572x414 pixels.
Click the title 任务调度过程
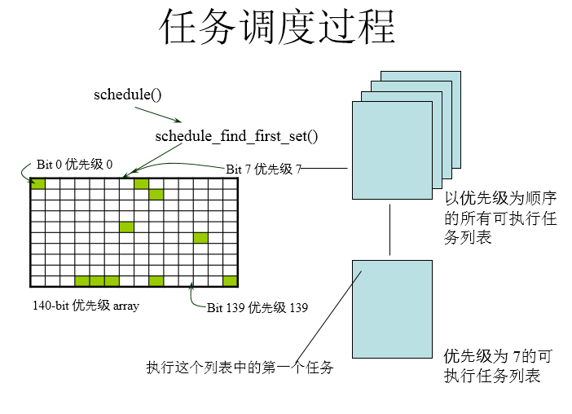[x=277, y=29]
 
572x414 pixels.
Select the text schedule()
[x=128, y=95]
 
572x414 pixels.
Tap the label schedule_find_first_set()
[x=235, y=136]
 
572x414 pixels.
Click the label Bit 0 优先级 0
[x=74, y=164]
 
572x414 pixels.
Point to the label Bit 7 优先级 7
[x=263, y=169]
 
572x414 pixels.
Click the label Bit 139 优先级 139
[x=257, y=308]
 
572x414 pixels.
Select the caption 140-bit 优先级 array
[x=86, y=306]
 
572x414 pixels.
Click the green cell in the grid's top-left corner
[x=37, y=183]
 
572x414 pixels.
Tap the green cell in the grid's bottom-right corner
[x=230, y=281]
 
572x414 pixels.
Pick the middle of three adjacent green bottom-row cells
[x=97, y=281]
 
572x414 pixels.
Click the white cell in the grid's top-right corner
[x=230, y=183]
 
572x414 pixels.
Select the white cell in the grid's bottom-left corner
[x=37, y=281]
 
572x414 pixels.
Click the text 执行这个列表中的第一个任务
[x=240, y=368]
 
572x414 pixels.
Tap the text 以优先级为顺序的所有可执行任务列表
[x=500, y=218]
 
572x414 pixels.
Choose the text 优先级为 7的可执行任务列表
[x=500, y=366]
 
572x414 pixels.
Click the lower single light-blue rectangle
[x=392, y=308]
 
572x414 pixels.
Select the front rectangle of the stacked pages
[x=392, y=150]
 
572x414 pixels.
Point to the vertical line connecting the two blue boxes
[x=391, y=230]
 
